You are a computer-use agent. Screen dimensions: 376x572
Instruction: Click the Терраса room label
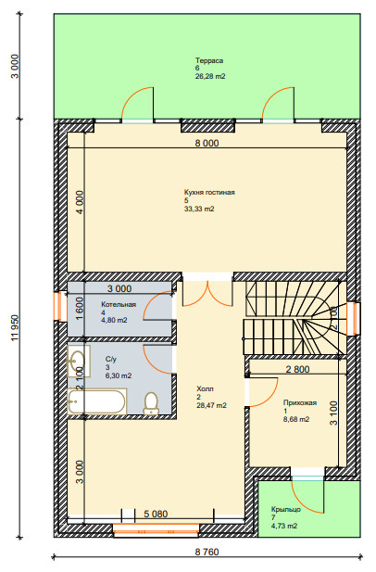click(x=209, y=60)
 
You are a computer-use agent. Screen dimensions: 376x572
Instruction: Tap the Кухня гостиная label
click(x=209, y=192)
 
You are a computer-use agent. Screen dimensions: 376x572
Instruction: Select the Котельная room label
click(x=119, y=305)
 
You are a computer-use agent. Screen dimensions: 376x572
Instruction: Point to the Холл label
click(x=205, y=388)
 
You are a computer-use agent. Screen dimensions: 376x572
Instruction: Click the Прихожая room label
click(x=300, y=402)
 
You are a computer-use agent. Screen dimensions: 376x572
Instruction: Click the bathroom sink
click(x=79, y=362)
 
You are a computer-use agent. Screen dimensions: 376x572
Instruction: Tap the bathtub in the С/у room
click(x=97, y=401)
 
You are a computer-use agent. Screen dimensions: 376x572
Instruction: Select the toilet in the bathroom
click(x=151, y=404)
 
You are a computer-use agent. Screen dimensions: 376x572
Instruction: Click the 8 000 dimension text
click(x=207, y=143)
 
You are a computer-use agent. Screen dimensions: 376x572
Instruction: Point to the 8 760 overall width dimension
click(x=207, y=552)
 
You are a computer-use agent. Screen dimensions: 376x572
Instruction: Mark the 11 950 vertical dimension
click(x=15, y=328)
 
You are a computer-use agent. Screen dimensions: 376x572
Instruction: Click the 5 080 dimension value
click(x=156, y=514)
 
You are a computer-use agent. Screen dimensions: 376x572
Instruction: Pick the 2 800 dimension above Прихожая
click(x=297, y=369)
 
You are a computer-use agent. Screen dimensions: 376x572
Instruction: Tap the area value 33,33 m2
click(x=199, y=209)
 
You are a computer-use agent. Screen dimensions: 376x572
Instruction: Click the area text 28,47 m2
click(x=211, y=405)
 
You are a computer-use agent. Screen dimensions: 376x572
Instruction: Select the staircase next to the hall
click(x=295, y=318)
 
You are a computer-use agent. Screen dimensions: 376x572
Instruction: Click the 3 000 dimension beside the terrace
click(x=15, y=67)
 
